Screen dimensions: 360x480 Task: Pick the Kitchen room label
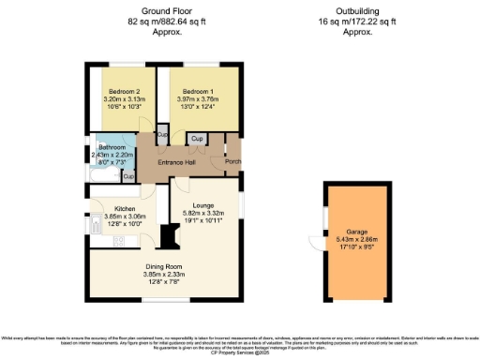click(x=126, y=208)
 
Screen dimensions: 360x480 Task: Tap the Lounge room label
click(x=203, y=203)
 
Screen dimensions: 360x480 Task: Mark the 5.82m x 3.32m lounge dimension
click(x=203, y=212)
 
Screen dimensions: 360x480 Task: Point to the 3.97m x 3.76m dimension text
click(x=198, y=99)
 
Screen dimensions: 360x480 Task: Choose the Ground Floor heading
click(x=154, y=9)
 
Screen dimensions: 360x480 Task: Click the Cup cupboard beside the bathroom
click(x=128, y=175)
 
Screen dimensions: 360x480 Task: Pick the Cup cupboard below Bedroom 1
click(x=196, y=139)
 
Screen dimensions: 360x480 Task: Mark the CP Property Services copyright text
click(x=240, y=355)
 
